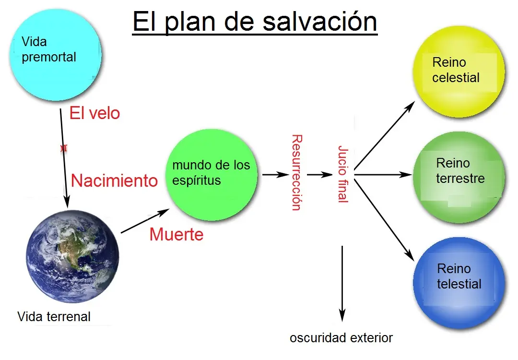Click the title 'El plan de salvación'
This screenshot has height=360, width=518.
[255, 22]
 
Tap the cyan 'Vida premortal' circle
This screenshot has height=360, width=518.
[56, 55]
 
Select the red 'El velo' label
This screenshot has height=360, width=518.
[94, 113]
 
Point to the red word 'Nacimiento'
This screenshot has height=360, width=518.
[114, 181]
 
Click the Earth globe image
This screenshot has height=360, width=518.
[72, 256]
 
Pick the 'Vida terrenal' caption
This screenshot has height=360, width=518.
[54, 317]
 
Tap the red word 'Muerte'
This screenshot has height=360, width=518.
[177, 234]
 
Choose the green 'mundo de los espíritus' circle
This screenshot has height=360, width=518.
[212, 175]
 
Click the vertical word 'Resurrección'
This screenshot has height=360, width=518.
[297, 172]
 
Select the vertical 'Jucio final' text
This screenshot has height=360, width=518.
[343, 174]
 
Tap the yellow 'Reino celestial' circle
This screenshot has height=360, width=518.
[459, 72]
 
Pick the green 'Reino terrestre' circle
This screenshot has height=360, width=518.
[459, 177]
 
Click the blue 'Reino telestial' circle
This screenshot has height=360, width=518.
[459, 283]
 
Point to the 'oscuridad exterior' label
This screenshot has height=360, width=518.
[341, 338]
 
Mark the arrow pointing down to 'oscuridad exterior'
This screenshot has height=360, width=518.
[342, 284]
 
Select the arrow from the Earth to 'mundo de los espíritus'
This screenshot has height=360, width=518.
[145, 221]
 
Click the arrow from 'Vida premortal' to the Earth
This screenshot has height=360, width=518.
[64, 158]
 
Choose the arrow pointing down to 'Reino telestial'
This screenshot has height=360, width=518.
[384, 220]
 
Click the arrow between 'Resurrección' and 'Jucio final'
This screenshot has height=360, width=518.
[320, 175]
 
